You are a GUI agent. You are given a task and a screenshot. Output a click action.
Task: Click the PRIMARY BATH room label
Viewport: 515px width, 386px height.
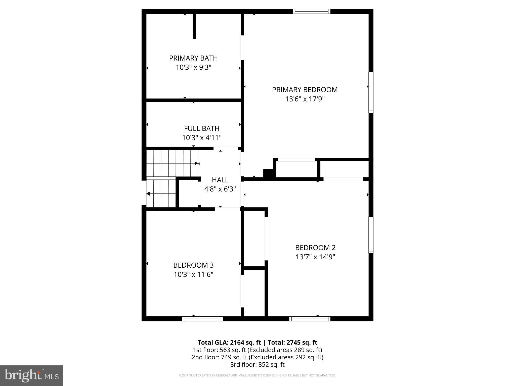click(193, 58)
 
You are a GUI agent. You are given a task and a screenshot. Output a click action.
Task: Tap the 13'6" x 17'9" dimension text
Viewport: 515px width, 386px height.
click(305, 99)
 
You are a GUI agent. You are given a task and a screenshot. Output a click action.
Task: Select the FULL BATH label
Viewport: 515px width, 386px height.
click(202, 129)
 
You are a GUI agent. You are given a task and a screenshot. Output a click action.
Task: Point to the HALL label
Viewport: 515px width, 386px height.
click(220, 180)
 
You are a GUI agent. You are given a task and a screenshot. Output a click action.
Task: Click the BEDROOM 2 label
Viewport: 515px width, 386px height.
click(315, 248)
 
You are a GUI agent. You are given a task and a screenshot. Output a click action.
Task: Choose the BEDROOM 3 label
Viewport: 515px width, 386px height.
click(193, 265)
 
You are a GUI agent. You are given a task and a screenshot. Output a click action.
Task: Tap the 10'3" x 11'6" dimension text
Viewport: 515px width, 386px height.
click(193, 274)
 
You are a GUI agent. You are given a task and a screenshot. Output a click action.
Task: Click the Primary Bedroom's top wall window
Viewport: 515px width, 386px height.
click(312, 11)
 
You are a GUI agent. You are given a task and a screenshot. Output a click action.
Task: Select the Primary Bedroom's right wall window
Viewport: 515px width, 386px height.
click(371, 92)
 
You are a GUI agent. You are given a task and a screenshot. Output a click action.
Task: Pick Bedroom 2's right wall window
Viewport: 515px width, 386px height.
click(371, 235)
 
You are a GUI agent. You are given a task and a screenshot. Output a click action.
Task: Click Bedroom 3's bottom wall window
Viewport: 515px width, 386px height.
click(202, 319)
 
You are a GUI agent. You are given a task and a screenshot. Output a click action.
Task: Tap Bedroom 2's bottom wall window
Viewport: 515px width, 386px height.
click(310, 319)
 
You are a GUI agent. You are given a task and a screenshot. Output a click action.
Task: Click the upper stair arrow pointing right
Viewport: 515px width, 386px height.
click(196, 163)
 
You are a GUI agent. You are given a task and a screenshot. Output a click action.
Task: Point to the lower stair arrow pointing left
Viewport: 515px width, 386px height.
click(148, 194)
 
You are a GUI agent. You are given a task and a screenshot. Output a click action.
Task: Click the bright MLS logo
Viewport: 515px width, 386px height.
click(31, 375)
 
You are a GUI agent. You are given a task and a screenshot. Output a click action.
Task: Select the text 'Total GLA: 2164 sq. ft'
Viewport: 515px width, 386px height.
click(229, 343)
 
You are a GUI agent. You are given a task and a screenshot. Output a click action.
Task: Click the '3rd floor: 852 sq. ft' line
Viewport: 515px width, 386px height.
click(257, 364)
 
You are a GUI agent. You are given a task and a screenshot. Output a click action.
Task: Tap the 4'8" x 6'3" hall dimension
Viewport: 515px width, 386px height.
click(220, 189)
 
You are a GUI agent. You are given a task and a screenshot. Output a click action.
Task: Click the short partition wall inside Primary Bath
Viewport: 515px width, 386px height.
click(194, 26)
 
